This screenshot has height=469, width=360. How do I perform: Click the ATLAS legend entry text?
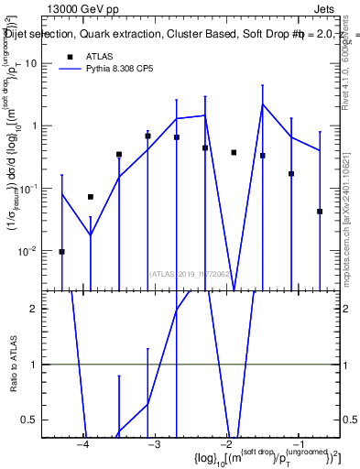[x=101, y=56]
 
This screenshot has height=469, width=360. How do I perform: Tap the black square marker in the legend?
[x=69, y=56]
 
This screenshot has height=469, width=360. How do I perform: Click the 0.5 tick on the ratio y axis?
[x=34, y=420]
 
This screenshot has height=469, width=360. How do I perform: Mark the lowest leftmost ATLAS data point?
[x=61, y=251]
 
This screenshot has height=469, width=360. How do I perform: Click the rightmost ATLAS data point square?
[x=320, y=212]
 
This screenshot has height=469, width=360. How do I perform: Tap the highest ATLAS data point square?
[x=147, y=136]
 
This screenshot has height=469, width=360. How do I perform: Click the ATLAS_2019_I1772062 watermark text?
[x=191, y=273]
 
